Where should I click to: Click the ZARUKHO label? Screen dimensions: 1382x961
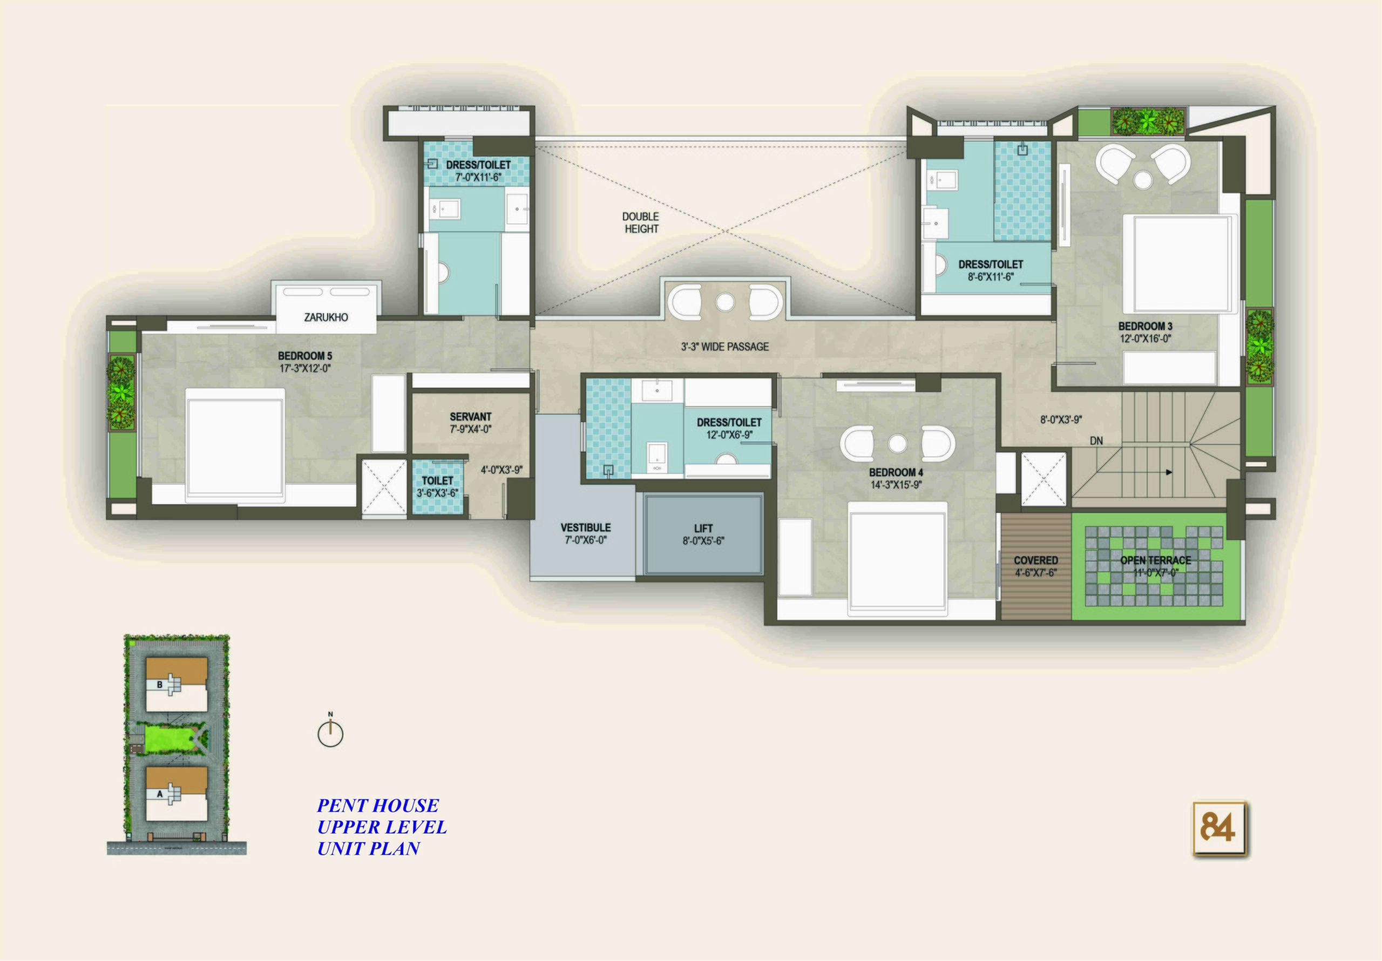pos(326,317)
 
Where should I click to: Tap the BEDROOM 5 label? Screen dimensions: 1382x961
pos(305,356)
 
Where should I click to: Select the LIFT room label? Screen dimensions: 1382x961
pos(703,529)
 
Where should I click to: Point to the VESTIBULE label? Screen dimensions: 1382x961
pos(585,527)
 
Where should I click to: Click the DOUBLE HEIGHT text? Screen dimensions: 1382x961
pos(641,223)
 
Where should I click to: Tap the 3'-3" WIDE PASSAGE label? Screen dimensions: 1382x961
pos(724,346)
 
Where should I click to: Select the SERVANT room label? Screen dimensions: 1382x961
pos(471,417)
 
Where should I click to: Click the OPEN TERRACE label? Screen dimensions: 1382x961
pos(1155,560)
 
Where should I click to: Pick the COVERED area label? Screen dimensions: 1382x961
pos(1036,560)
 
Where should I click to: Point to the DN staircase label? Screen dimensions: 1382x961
pos(1096,441)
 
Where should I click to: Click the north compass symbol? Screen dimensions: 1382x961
pos(330,732)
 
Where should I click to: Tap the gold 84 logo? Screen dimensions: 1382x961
pos(1219,829)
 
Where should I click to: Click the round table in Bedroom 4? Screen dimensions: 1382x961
pos(897,444)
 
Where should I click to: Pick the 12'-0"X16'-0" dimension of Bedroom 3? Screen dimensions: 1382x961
pos(1146,339)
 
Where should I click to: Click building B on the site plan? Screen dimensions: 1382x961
pos(177,684)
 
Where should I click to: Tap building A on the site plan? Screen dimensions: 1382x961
pos(177,793)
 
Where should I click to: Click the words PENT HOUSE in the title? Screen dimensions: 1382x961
pos(378,806)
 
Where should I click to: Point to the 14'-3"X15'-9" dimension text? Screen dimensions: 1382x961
pos(896,485)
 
